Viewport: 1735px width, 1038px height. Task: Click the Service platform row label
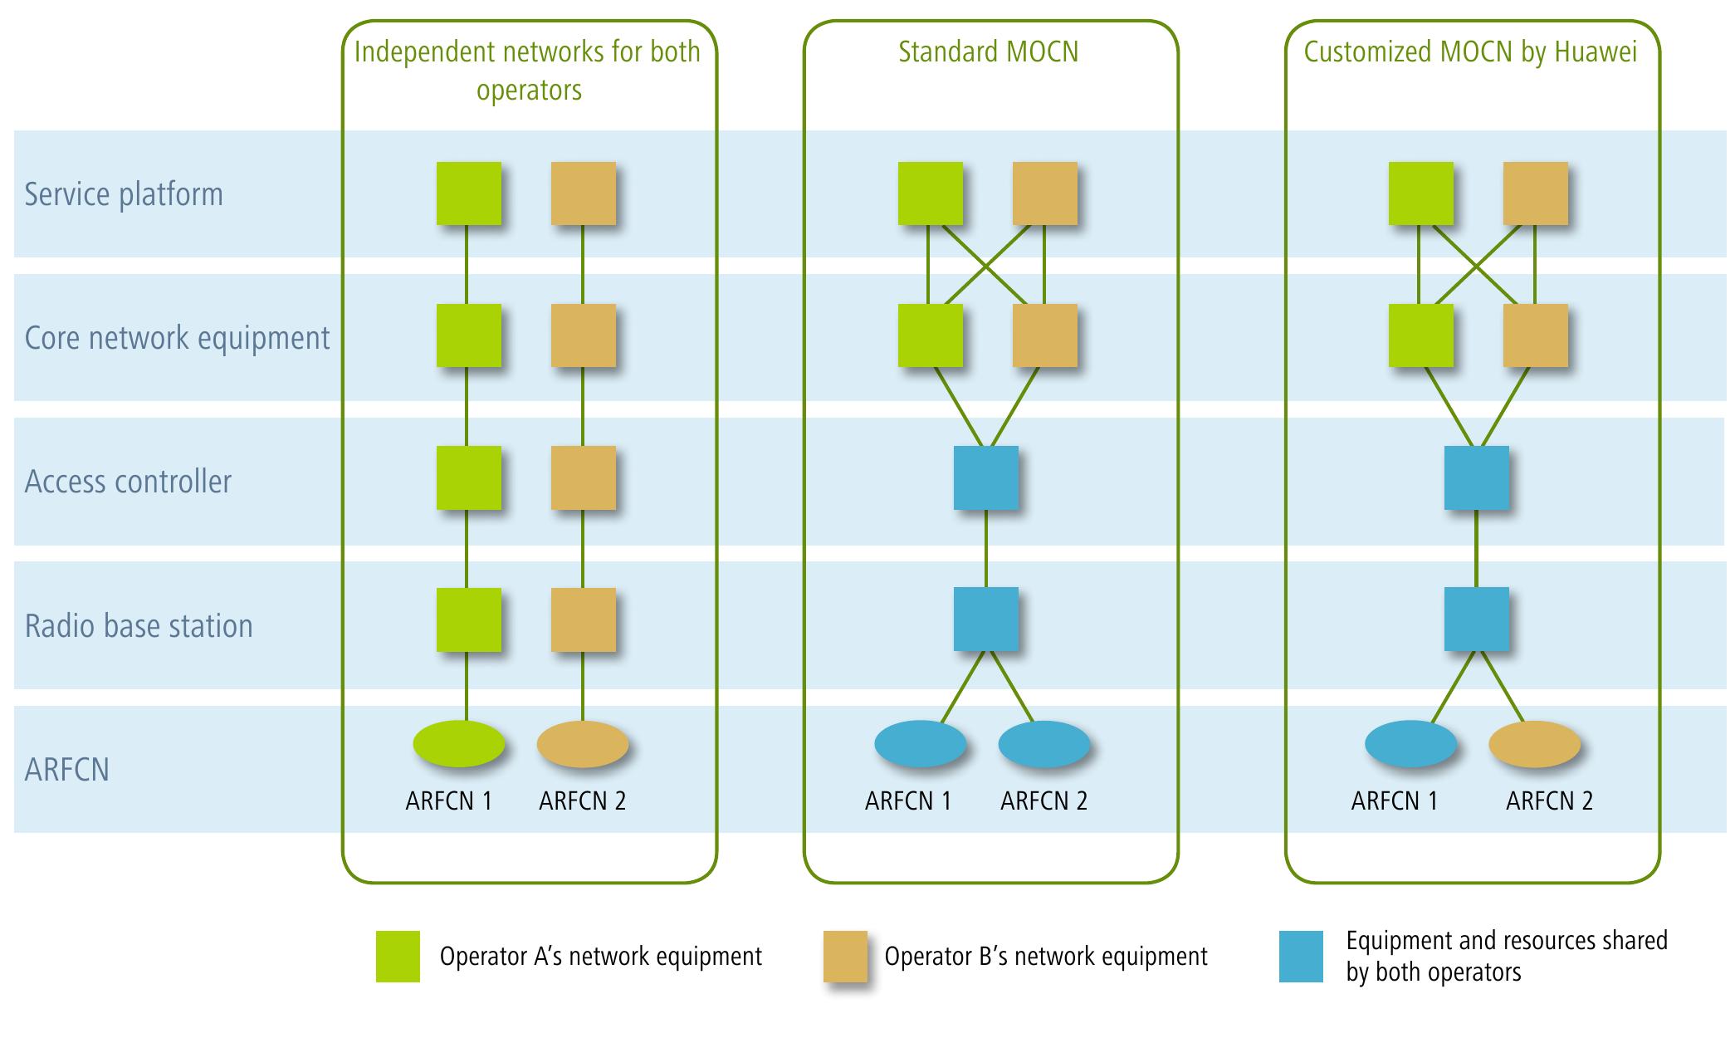coord(124,194)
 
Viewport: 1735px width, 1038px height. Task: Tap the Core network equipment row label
coord(177,338)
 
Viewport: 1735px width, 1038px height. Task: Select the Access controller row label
coord(128,482)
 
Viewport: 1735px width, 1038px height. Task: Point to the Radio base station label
coord(139,625)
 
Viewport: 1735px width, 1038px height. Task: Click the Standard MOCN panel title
coord(988,52)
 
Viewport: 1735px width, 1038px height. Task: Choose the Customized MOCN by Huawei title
coord(1470,52)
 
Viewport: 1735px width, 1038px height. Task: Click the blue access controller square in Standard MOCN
coord(985,477)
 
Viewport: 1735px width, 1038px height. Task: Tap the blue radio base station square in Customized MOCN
coord(1476,619)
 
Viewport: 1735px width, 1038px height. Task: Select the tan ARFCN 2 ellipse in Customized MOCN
coord(1534,743)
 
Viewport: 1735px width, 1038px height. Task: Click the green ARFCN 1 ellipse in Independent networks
coord(458,743)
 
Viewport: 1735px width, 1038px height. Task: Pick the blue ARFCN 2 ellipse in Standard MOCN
coord(1043,743)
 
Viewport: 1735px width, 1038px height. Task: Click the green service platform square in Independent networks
coord(469,193)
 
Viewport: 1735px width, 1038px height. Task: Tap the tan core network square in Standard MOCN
coord(1044,335)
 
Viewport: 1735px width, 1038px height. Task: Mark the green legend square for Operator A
coord(398,956)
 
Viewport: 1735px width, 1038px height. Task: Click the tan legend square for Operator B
coord(845,956)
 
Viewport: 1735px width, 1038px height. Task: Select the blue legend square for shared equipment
coord(1301,956)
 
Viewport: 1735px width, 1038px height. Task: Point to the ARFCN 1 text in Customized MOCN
coord(1394,801)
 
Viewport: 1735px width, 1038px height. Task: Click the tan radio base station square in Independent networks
coord(584,619)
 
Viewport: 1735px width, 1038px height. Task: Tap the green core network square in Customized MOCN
coord(1420,335)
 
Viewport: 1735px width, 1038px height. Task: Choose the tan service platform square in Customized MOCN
coord(1535,193)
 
